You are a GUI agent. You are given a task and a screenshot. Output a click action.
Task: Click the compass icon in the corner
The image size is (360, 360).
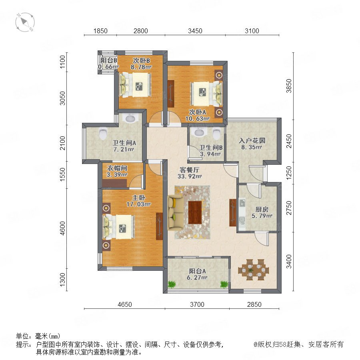[25, 22]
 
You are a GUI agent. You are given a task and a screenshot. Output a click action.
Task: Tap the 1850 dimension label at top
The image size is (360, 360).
[100, 31]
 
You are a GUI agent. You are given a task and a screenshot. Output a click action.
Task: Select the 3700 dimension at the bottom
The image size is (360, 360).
[197, 304]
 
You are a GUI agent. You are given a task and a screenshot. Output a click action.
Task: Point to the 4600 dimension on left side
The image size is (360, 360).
[62, 228]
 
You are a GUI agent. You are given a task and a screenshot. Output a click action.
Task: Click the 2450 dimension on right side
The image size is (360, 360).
[289, 141]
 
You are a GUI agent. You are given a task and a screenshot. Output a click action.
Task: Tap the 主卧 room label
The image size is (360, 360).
[139, 198]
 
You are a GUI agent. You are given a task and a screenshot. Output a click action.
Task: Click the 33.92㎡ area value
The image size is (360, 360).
[190, 176]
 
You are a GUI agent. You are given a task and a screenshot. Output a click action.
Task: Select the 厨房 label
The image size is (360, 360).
[262, 209]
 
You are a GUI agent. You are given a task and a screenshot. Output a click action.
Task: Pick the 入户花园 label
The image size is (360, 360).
[252, 140]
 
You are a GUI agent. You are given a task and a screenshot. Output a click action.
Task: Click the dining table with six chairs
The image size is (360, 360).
[253, 270]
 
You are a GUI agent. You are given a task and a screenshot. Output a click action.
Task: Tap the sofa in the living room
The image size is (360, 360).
[176, 213]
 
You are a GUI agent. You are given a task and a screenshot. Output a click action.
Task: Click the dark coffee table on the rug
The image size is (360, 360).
[195, 212]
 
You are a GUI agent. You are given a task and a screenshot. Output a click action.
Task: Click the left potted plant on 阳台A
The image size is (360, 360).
[172, 284]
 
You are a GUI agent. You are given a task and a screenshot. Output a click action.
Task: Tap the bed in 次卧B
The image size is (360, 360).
[135, 85]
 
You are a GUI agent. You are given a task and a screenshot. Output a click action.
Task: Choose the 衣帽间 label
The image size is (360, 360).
[117, 168]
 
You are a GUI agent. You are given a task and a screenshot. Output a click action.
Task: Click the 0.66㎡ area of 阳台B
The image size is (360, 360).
[108, 67]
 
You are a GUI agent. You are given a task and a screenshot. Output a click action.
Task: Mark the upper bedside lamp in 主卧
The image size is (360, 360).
[106, 208]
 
